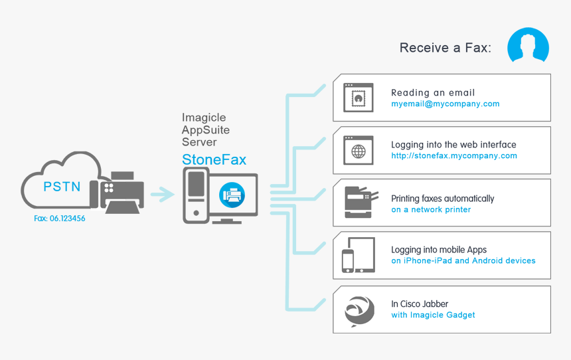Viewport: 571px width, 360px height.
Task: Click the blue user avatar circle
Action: click(528, 46)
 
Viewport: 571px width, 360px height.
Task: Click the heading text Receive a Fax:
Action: click(445, 48)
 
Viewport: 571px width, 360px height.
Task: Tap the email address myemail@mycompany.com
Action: click(445, 104)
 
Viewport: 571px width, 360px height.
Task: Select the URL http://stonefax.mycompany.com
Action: click(453, 156)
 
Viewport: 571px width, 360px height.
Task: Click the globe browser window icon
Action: click(358, 151)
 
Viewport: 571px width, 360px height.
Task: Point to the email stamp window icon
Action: click(358, 98)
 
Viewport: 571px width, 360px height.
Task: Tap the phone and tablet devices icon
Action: click(358, 255)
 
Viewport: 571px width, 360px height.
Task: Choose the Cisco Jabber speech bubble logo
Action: click(359, 310)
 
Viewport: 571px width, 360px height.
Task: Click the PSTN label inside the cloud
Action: click(62, 187)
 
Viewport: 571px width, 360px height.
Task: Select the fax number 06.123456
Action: click(59, 218)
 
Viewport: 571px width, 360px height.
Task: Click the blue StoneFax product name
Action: click(214, 159)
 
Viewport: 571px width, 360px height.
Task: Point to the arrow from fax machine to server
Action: click(162, 195)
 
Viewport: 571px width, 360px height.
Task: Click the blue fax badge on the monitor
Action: click(232, 195)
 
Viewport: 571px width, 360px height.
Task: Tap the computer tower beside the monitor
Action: click(196, 195)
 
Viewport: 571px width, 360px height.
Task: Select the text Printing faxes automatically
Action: click(442, 198)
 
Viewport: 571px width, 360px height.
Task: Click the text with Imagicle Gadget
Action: click(433, 315)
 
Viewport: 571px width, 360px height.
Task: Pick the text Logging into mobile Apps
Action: click(439, 250)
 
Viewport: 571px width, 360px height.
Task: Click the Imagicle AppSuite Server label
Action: click(206, 130)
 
